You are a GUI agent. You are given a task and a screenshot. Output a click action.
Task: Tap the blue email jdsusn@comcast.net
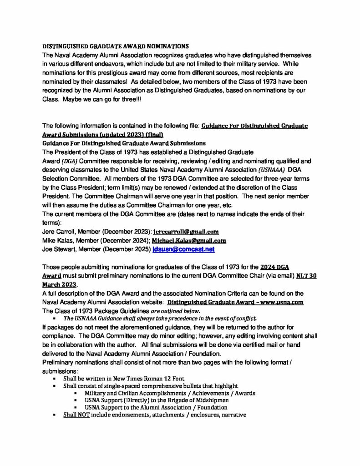183,249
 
